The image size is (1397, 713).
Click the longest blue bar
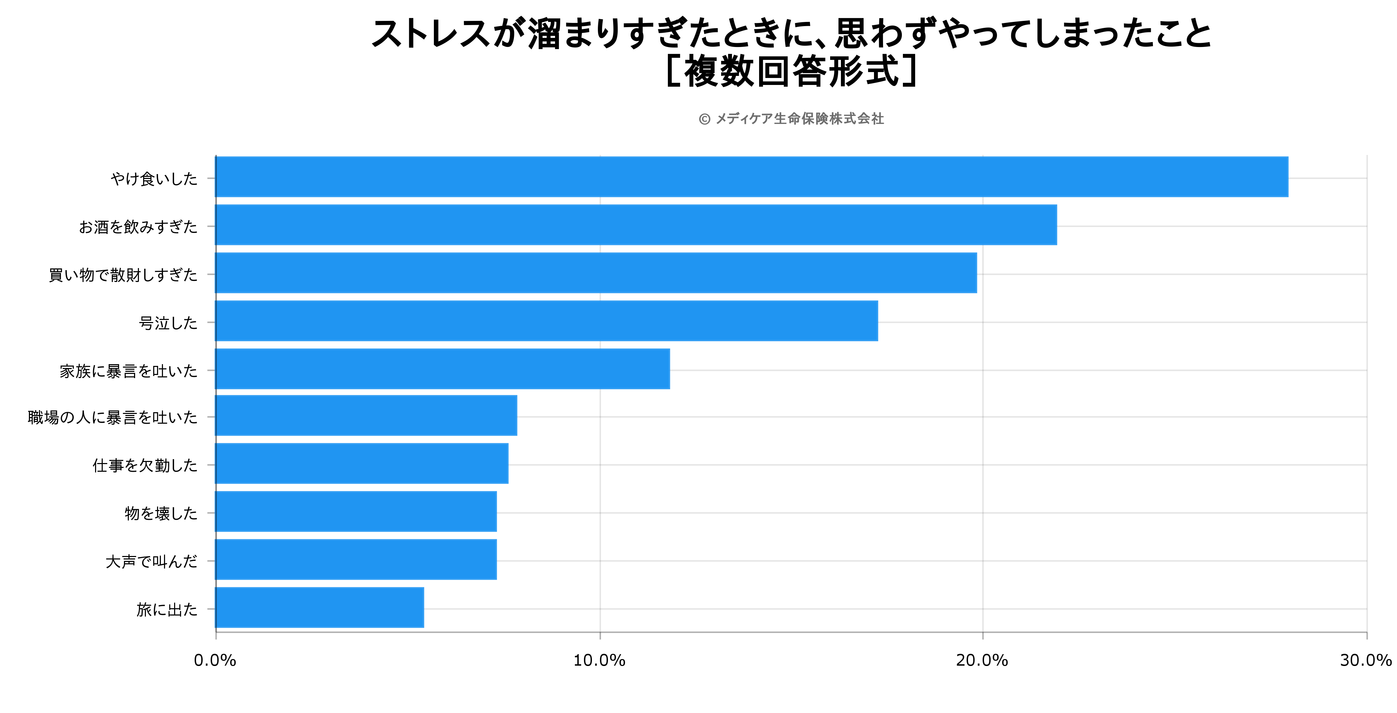click(x=751, y=177)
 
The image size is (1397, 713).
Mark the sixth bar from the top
click(x=366, y=415)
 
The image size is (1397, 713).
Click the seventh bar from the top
click(x=362, y=463)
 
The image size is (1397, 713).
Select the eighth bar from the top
click(x=356, y=511)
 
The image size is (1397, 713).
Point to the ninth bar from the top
click(x=356, y=559)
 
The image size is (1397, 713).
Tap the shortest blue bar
click(x=319, y=607)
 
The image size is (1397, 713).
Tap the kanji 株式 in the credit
click(x=843, y=119)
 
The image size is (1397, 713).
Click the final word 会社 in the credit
click(x=871, y=119)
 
